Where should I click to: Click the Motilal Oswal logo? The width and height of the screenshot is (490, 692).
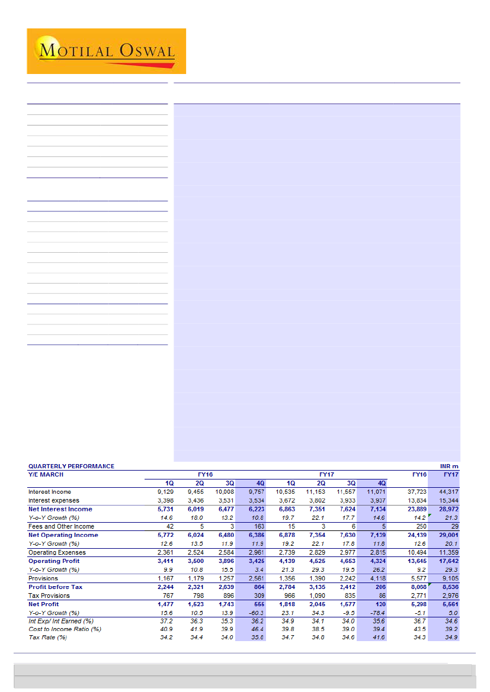(106, 51)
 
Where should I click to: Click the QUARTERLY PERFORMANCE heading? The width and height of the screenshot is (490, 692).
(71, 466)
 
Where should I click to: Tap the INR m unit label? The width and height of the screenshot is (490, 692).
(450, 466)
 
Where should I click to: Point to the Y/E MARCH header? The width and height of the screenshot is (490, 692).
(46, 474)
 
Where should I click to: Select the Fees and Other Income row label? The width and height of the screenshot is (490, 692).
(61, 526)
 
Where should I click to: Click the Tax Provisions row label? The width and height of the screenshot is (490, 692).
(49, 596)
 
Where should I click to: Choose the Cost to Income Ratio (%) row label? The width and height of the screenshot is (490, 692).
(65, 629)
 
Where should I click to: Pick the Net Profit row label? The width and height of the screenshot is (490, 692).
(44, 604)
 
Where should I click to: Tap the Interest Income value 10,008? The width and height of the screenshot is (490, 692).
(223, 491)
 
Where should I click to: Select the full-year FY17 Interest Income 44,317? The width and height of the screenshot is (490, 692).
(448, 491)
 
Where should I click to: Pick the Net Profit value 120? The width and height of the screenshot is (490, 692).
(380, 604)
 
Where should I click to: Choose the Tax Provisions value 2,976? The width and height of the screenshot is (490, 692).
(448, 596)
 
